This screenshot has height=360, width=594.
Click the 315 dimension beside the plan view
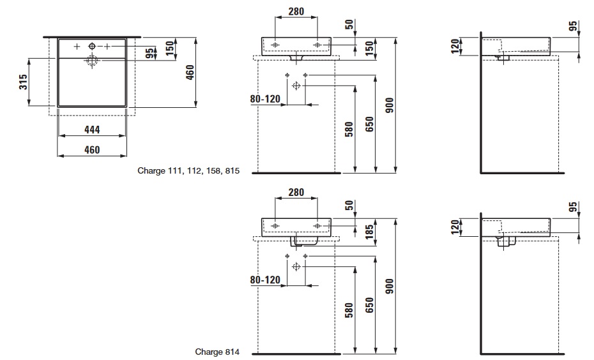pos(22,82)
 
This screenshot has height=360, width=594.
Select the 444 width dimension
pos(92,130)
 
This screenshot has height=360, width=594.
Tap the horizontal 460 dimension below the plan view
pos(92,150)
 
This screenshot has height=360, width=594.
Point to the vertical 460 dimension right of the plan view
pos(190,73)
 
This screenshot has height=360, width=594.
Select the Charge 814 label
pos(218,352)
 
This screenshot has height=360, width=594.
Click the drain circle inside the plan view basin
pos(92,61)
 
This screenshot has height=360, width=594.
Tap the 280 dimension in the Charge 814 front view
pos(296,192)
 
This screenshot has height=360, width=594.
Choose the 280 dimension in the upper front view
pos(296,11)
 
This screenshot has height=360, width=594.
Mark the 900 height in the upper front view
pos(389,106)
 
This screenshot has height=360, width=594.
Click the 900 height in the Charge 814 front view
pos(389,286)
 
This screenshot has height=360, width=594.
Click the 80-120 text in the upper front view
pos(265,99)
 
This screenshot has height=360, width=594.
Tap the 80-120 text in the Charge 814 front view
pos(265,279)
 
